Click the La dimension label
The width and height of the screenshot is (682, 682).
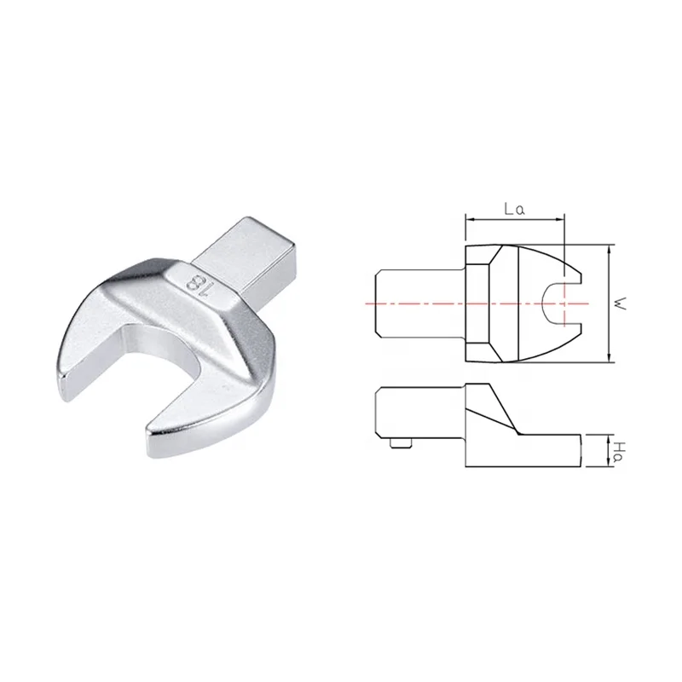pos(515,209)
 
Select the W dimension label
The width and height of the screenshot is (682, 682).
pos(621,303)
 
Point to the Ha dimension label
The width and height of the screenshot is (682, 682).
pos(621,452)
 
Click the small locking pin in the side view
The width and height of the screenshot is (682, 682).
pos(401,442)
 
